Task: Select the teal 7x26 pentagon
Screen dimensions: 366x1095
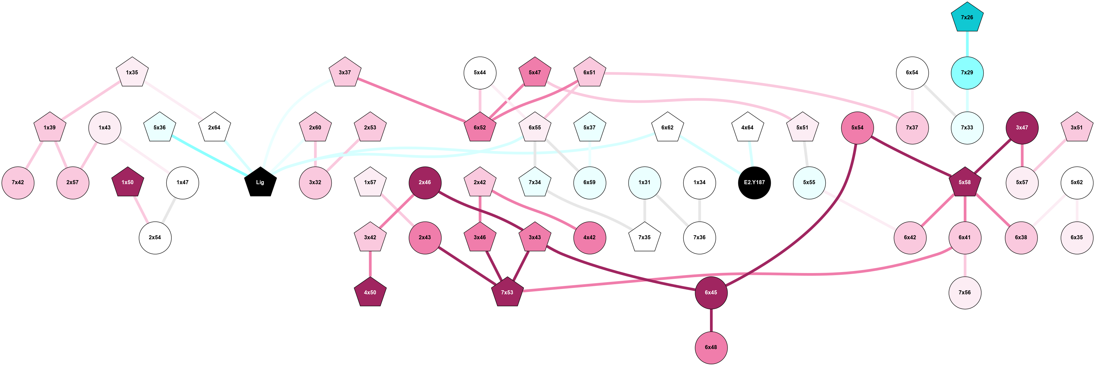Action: pos(967,18)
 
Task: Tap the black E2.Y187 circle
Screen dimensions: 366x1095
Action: pos(754,182)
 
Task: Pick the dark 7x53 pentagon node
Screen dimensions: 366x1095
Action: pos(507,293)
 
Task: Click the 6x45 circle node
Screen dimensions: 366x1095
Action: pos(711,293)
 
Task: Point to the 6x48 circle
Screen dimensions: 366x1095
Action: pos(711,348)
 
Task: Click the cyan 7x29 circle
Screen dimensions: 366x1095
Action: pos(967,73)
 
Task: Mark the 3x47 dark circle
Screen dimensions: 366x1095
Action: pos(1021,128)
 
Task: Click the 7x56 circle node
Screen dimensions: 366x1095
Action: pos(964,293)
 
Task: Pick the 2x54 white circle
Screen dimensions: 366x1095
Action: pos(155,238)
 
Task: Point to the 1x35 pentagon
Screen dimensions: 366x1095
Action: pos(132,73)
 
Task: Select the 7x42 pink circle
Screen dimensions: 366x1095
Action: pos(18,182)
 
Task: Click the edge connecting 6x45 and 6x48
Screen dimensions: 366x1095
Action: pos(711,320)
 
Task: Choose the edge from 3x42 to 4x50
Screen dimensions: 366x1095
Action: pos(370,265)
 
